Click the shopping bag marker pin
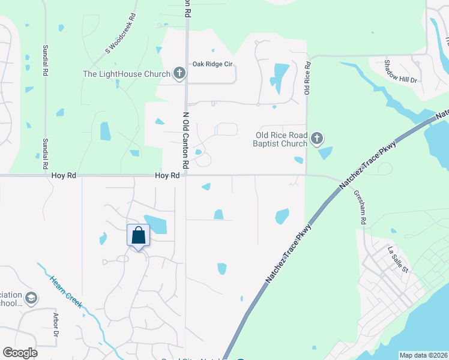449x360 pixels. tap(138, 235)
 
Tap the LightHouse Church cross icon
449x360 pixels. tap(179, 74)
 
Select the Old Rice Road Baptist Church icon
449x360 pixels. tap(316, 139)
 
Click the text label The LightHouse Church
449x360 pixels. tap(127, 74)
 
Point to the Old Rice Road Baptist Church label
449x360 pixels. tap(282, 139)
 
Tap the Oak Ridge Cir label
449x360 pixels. tap(212, 64)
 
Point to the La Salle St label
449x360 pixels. tap(398, 259)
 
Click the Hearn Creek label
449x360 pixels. tap(67, 292)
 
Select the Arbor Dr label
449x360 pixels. tap(56, 325)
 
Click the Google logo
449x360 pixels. tap(20, 353)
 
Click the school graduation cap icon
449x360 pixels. tap(31, 298)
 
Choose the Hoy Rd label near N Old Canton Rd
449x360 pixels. tap(167, 175)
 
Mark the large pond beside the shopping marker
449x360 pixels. tap(155, 224)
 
